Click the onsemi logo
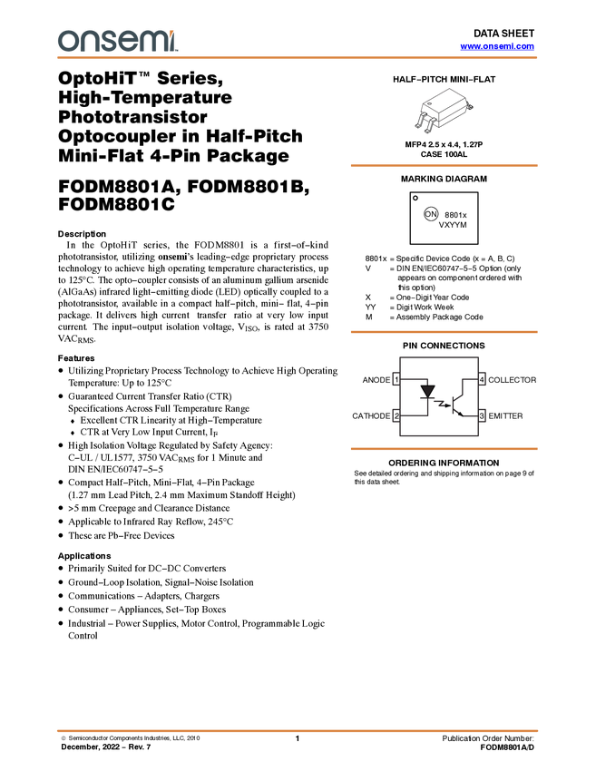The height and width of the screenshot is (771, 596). click(117, 41)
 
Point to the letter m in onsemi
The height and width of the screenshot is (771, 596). click(151, 42)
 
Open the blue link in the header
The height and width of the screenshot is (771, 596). click(497, 46)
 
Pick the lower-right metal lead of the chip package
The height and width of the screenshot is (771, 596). click(430, 128)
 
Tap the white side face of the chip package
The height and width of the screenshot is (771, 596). click(458, 113)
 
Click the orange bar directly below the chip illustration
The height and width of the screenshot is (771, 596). click(444, 166)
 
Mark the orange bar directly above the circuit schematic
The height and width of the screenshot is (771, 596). click(444, 332)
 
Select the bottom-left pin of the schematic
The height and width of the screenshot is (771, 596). click(396, 415)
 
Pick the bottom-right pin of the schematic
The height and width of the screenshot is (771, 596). click(484, 415)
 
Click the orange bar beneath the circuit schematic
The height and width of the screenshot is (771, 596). click(444, 449)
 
